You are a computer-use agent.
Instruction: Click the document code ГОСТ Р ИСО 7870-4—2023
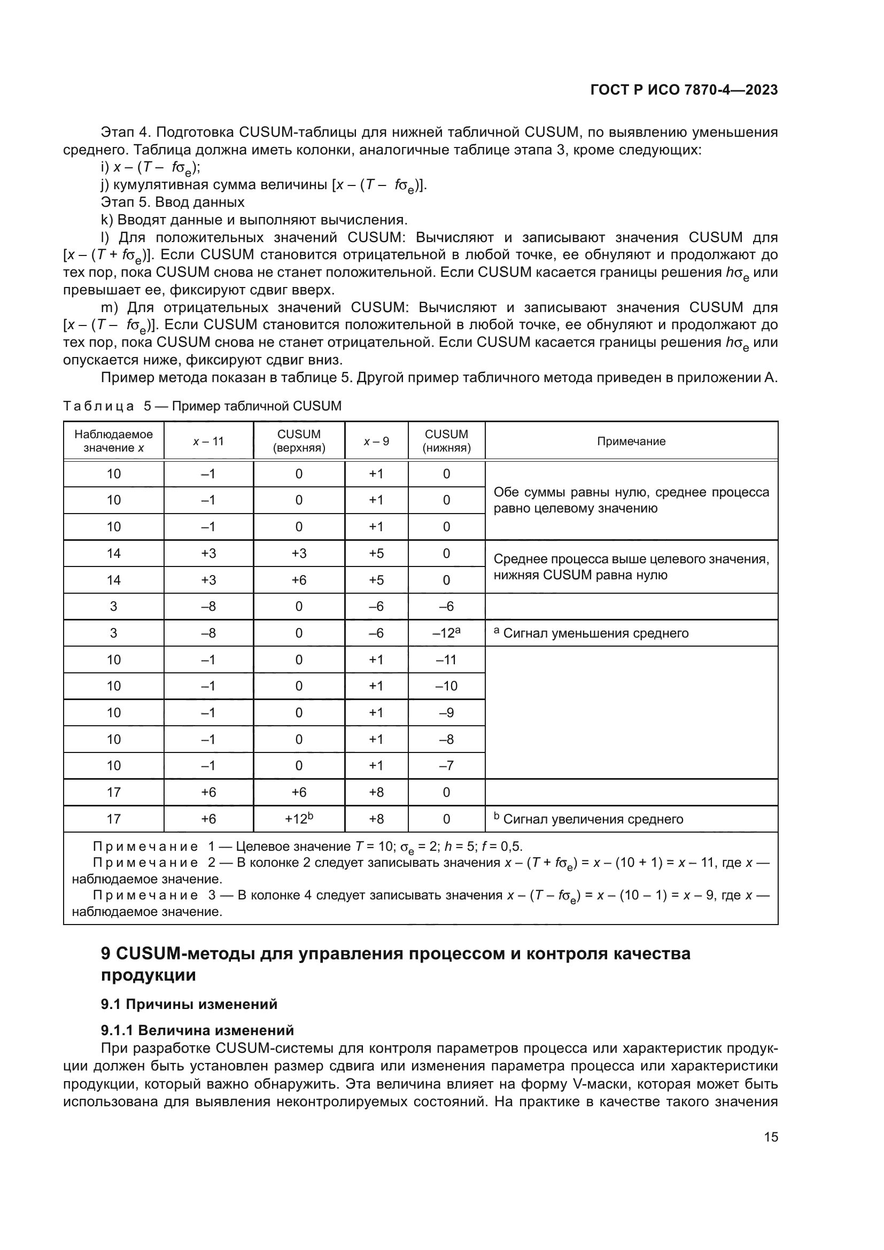tap(684, 90)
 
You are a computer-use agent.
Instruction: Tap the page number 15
tap(771, 1137)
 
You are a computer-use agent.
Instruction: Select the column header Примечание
tap(631, 441)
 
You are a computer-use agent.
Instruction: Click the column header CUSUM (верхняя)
tap(299, 441)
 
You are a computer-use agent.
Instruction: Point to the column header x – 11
tap(208, 441)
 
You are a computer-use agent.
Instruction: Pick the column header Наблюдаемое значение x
tap(114, 441)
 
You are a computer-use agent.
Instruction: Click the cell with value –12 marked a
tap(446, 633)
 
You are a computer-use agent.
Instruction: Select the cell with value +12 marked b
tap(299, 819)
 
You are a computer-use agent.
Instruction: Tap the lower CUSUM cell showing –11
tap(446, 660)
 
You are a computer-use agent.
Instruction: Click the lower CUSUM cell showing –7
tap(446, 766)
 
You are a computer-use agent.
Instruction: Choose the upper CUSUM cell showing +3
tap(299, 554)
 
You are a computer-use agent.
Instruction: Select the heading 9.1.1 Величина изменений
tap(197, 1030)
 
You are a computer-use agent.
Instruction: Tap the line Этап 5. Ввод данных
tap(173, 203)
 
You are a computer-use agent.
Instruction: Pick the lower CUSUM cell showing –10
tap(446, 686)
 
